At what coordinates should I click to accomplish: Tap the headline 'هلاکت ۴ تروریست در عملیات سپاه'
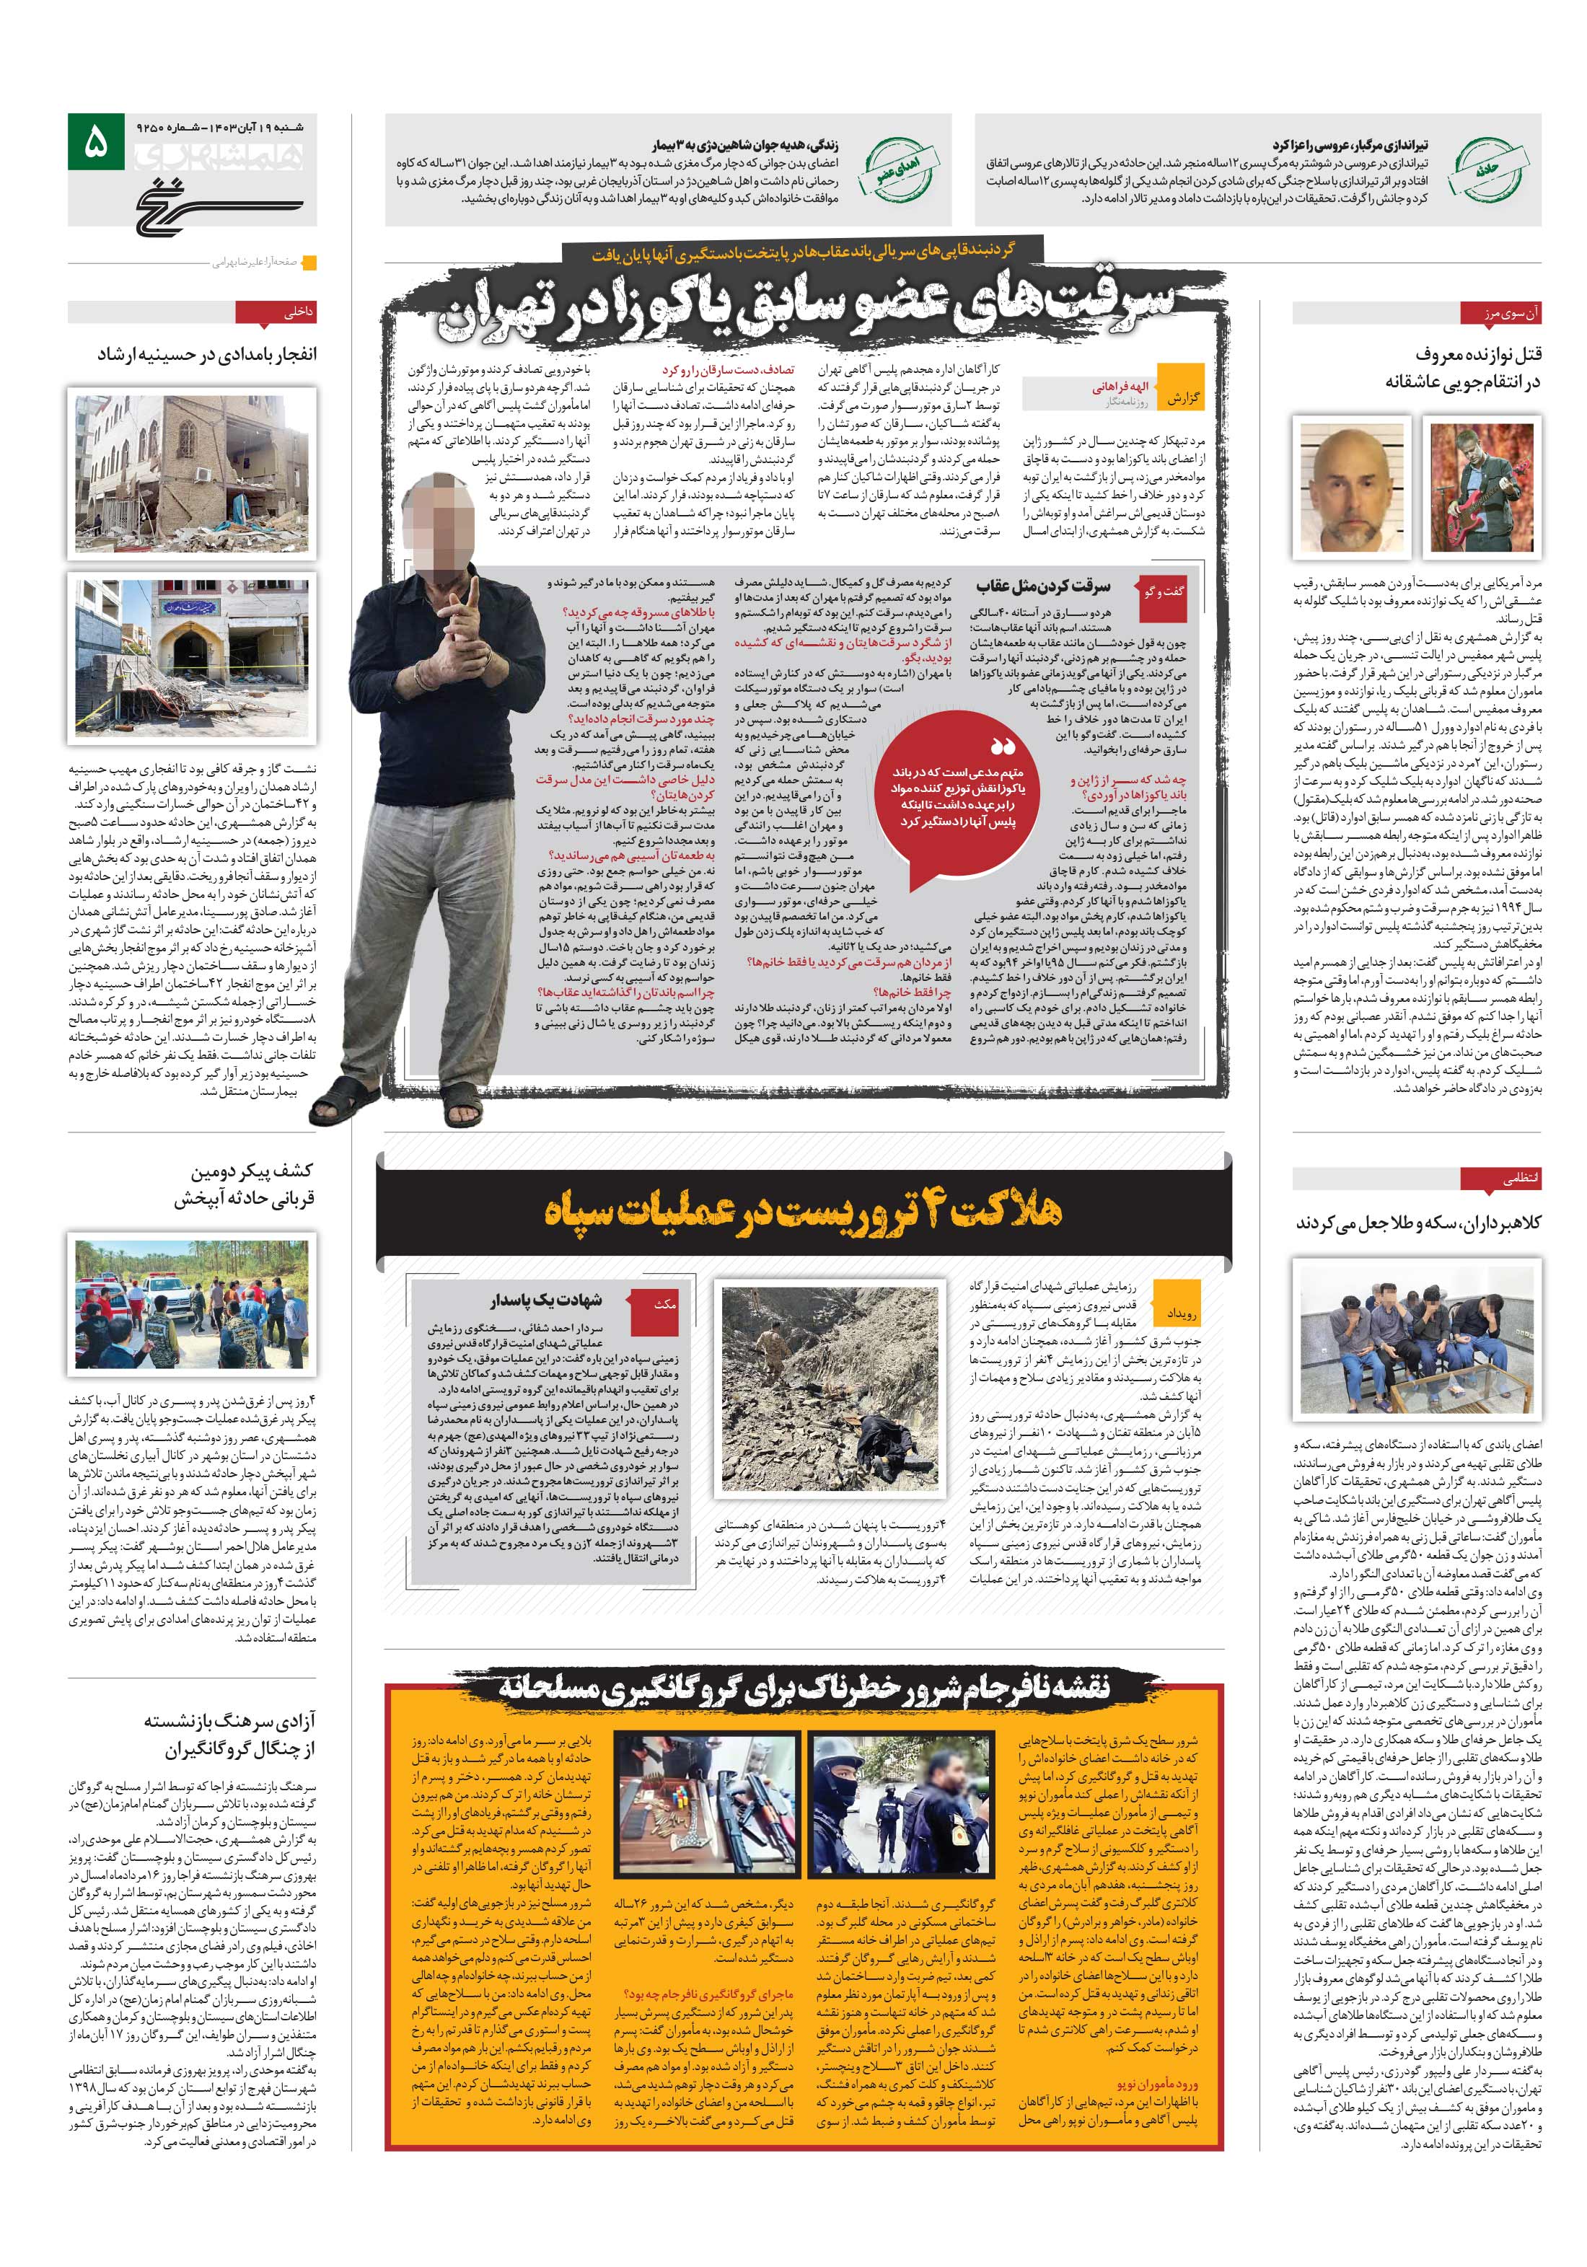(802, 1210)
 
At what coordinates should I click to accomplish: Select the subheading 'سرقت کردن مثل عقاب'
(1043, 586)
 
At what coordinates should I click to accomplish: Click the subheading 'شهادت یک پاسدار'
(546, 1299)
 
